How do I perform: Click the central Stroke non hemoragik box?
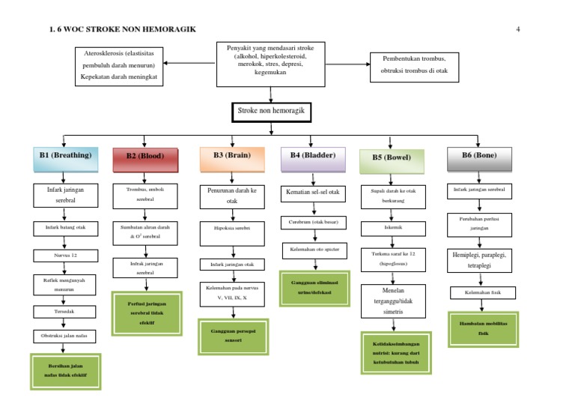pos(270,111)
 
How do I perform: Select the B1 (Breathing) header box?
pos(65,156)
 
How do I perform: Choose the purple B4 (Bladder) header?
pos(312,155)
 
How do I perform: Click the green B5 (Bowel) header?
pos(392,157)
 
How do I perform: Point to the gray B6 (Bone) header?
pos(479,155)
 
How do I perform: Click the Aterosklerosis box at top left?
pos(120,66)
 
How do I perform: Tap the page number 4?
pos(518,29)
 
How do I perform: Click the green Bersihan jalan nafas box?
pos(64,370)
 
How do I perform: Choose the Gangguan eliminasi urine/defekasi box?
pos(313,288)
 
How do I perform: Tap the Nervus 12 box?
pos(64,256)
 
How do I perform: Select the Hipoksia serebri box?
pos(231,226)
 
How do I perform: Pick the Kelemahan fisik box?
pos(482,292)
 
